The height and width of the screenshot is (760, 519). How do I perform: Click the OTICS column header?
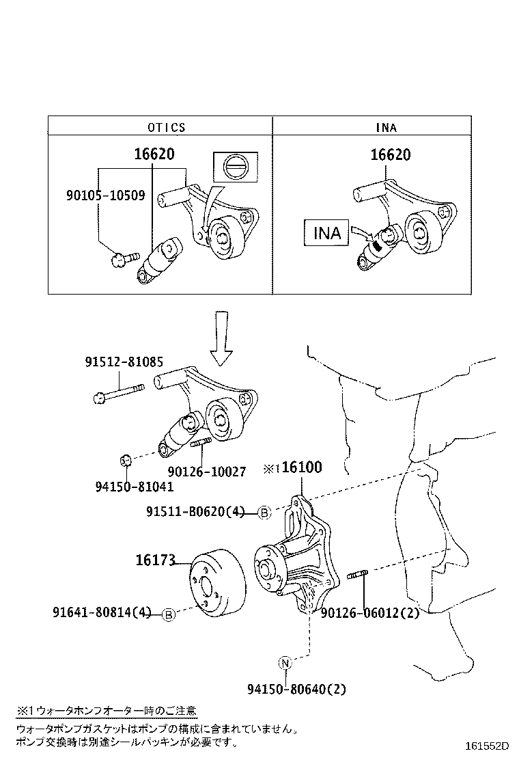166,127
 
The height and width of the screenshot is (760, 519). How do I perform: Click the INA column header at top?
386,127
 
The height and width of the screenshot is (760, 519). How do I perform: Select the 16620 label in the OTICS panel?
154,155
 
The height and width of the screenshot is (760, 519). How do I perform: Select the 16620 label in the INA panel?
391,155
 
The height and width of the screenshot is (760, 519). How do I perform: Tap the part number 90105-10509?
105,195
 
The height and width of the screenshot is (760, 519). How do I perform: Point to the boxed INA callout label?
326,233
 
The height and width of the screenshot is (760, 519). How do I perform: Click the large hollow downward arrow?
221,338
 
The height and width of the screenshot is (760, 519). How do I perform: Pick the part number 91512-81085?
124,362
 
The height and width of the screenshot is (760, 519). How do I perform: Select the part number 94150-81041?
134,487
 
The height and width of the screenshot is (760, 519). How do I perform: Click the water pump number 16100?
301,467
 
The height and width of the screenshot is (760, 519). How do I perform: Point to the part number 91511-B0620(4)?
195,511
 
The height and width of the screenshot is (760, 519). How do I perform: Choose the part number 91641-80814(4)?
102,612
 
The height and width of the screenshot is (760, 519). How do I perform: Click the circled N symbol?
285,662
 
